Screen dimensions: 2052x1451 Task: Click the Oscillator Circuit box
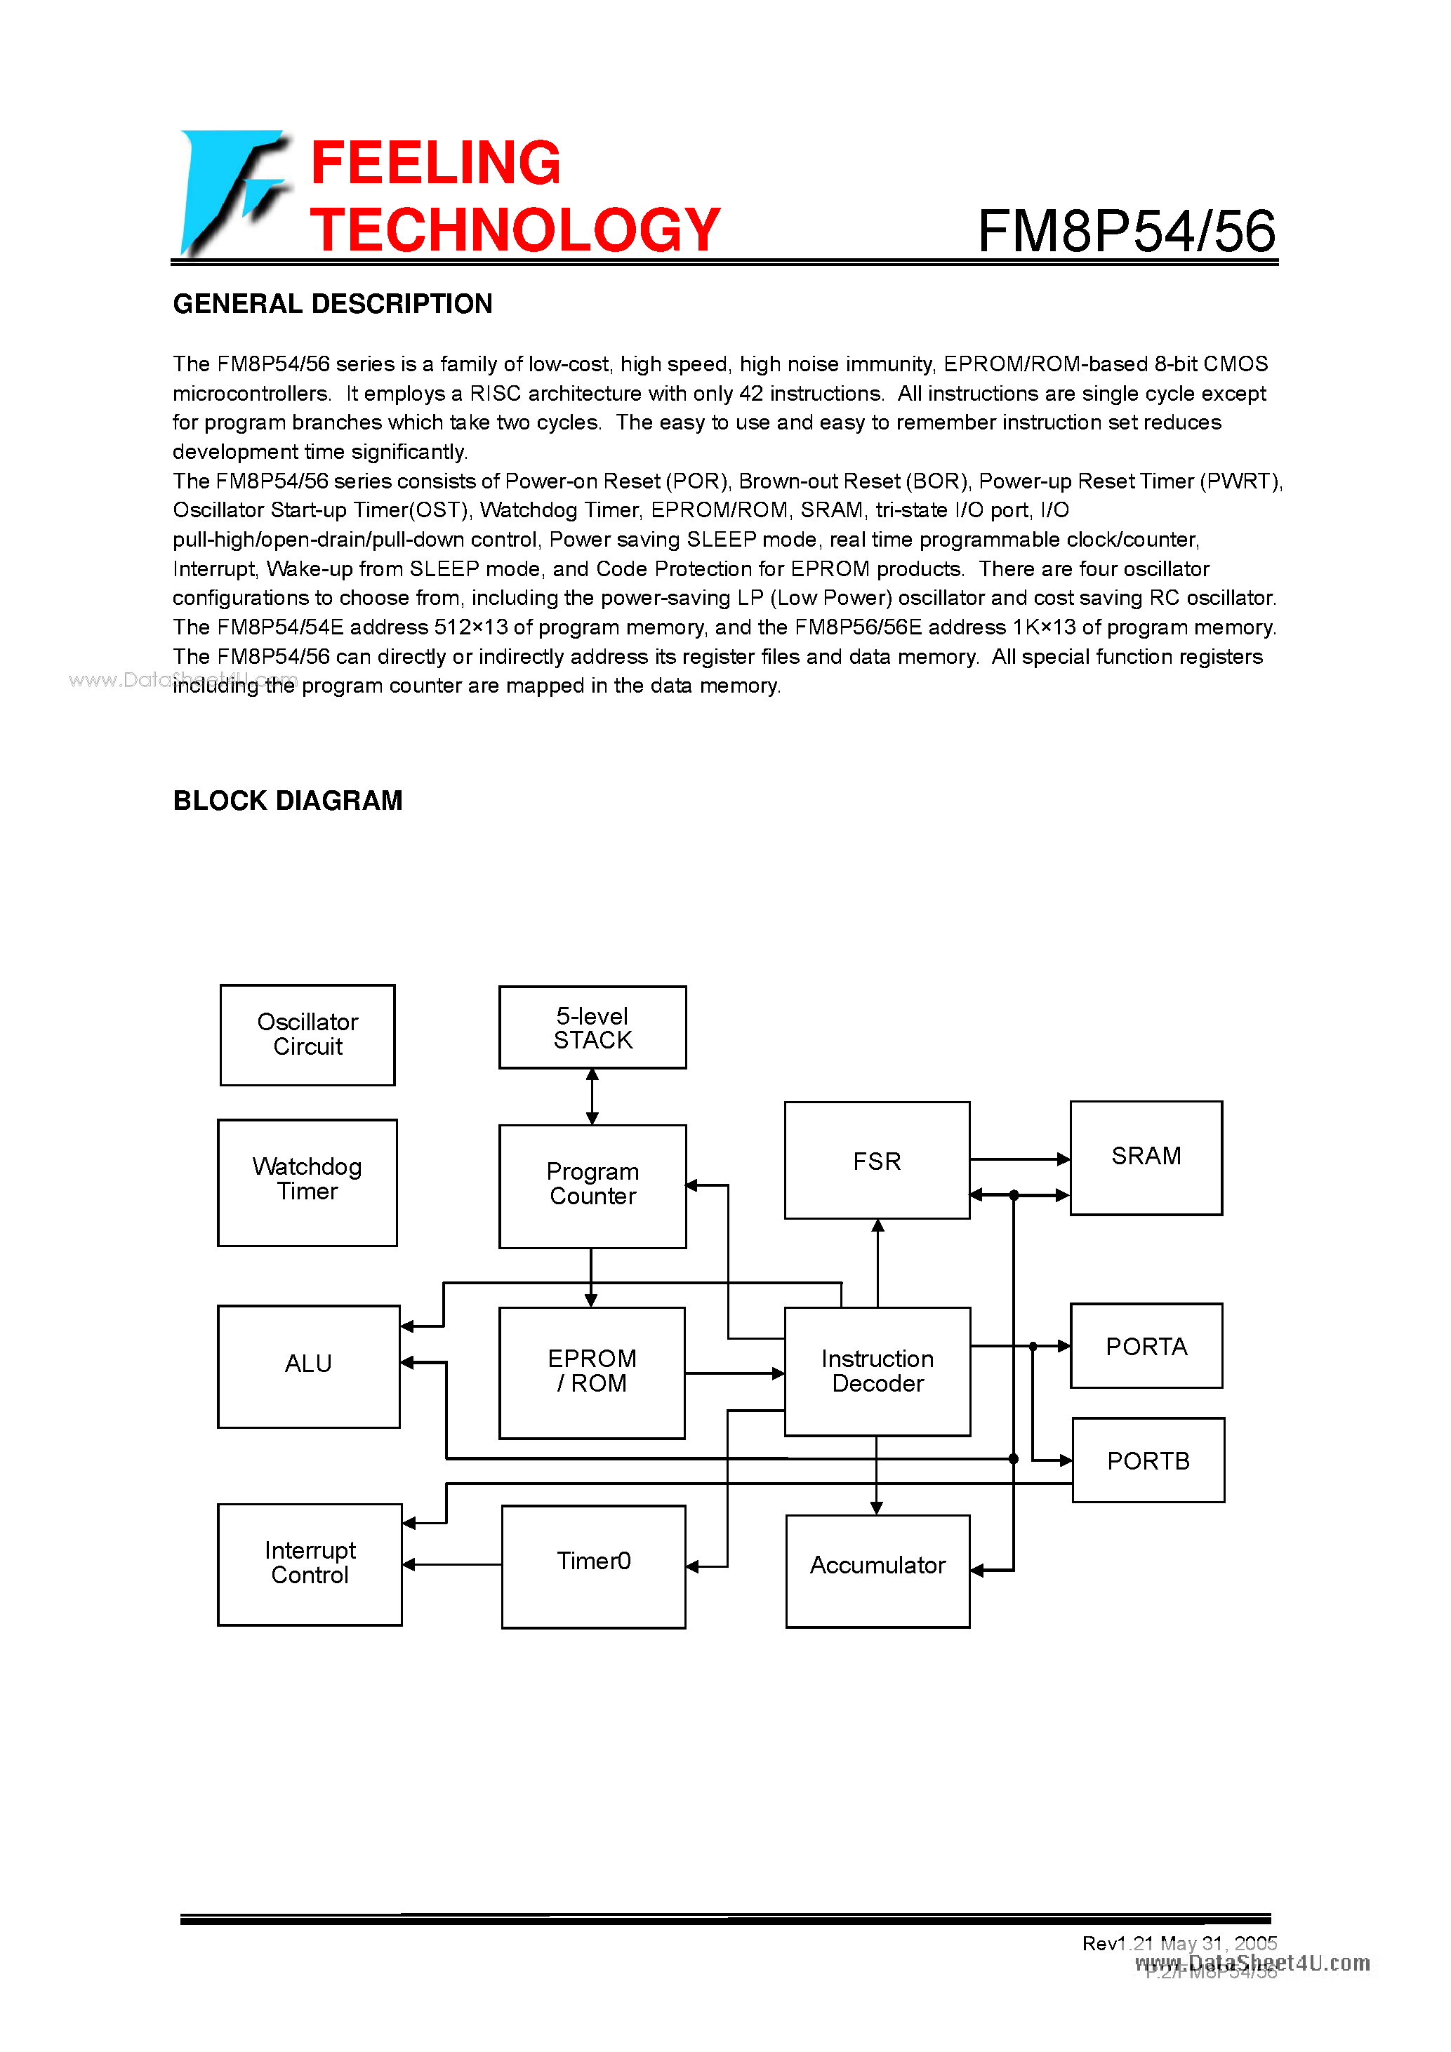click(x=307, y=1035)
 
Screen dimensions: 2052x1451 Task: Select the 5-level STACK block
click(x=592, y=1028)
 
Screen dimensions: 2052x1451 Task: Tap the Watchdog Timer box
click(x=307, y=1182)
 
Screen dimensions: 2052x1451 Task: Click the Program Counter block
click(x=592, y=1186)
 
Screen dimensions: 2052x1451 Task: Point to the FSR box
click(x=876, y=1160)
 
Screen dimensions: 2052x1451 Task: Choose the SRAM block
click(x=1145, y=1157)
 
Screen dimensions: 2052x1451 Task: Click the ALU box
click(x=308, y=1366)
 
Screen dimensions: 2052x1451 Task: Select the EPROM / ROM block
click(x=592, y=1372)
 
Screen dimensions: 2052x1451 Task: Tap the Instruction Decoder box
click(x=877, y=1371)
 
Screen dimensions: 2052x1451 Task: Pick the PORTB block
click(x=1148, y=1460)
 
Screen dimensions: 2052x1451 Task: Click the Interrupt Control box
click(x=310, y=1564)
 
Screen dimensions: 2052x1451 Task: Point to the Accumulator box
click(x=877, y=1571)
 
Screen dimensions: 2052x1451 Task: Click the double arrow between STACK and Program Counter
click(x=592, y=1097)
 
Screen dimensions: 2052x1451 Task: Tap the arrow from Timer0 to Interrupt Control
click(x=452, y=1564)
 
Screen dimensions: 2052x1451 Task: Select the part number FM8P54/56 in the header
click(x=1125, y=232)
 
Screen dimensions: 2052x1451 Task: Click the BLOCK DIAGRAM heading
click(x=288, y=800)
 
